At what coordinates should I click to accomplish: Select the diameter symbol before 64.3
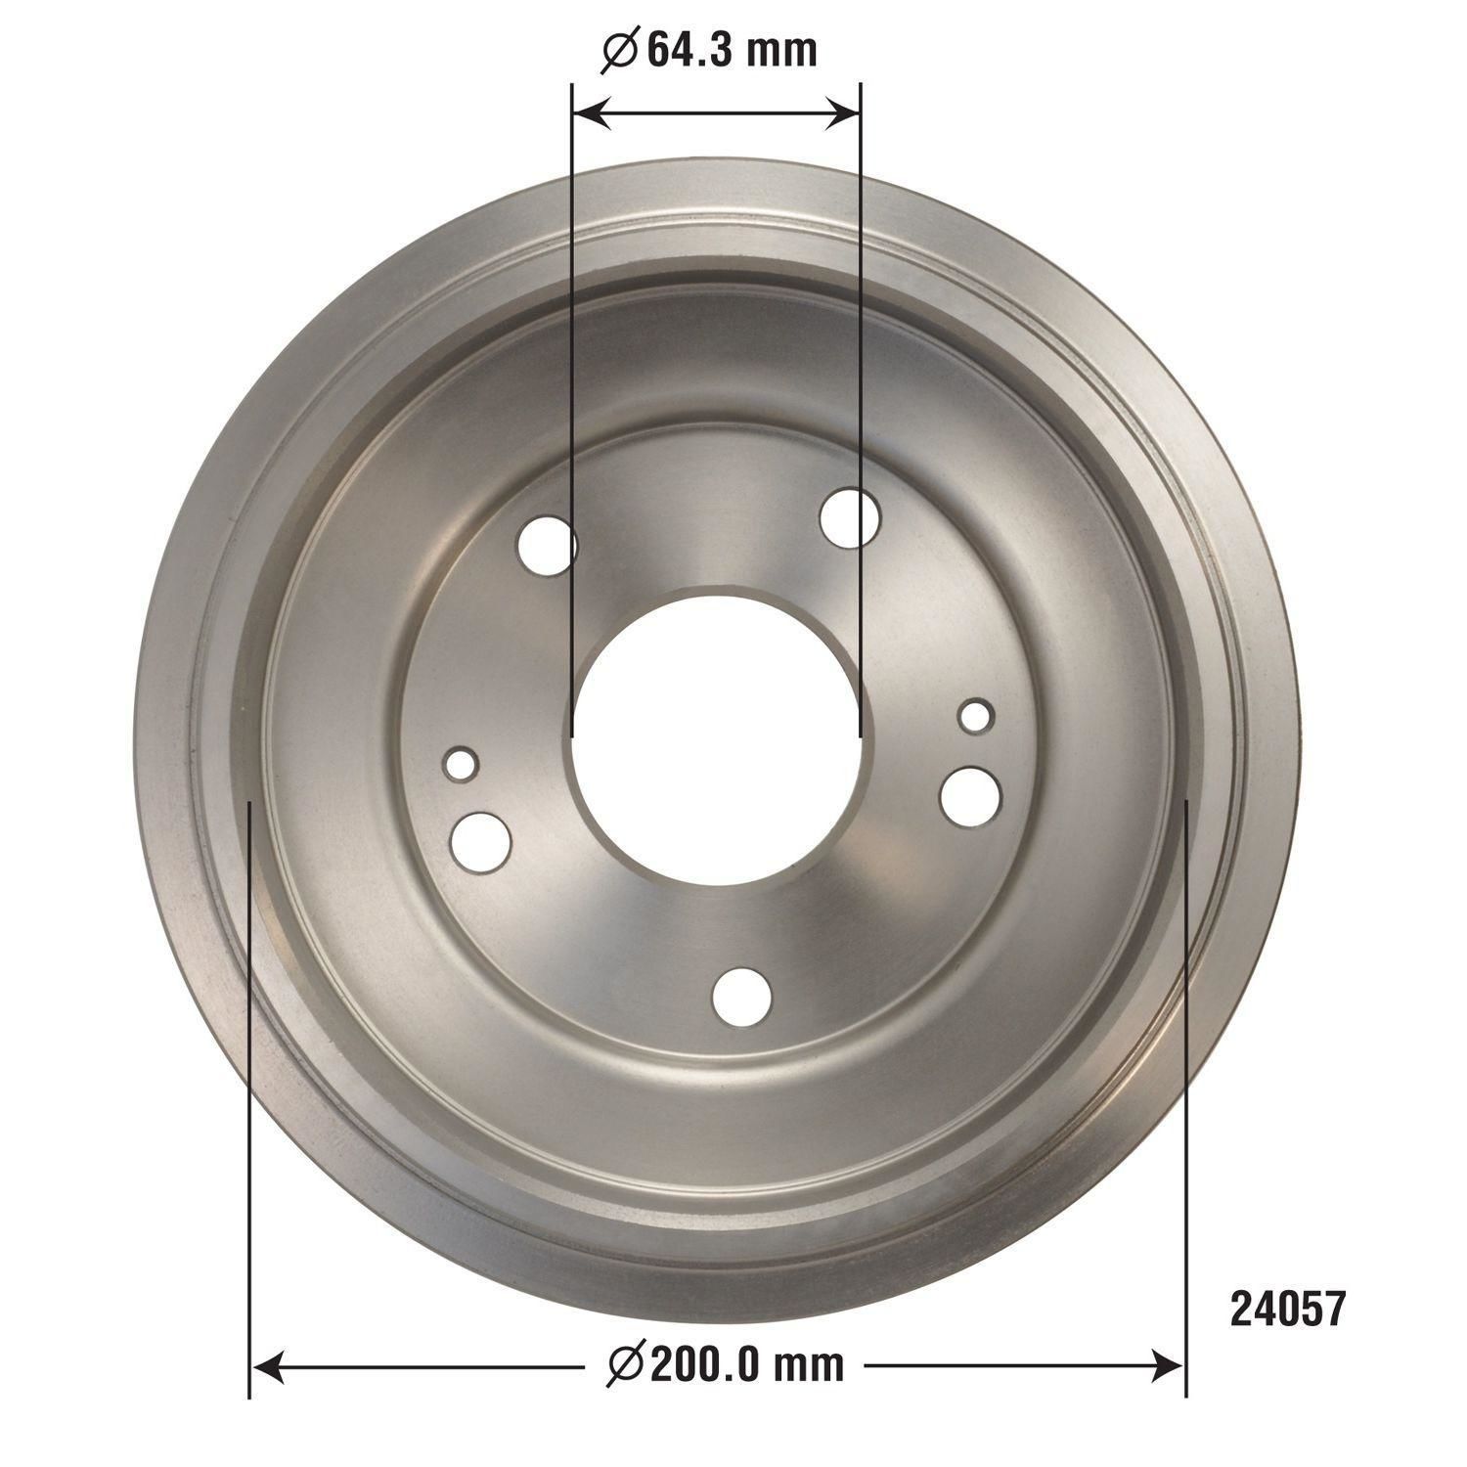click(620, 51)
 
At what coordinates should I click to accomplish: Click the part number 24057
click(1288, 1309)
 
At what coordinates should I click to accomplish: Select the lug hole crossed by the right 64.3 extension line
click(850, 517)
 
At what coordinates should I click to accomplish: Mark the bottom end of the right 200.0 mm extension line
click(1185, 1395)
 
